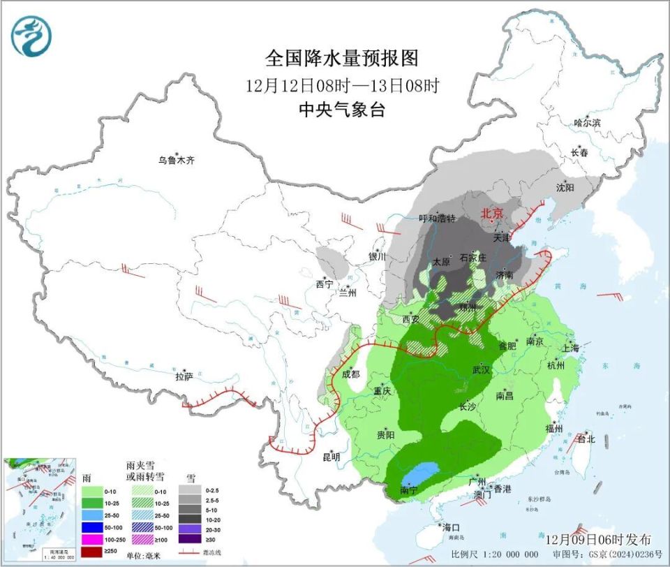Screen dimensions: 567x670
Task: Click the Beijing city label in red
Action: pyautogui.click(x=491, y=214)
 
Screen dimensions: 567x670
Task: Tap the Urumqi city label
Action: pyautogui.click(x=175, y=161)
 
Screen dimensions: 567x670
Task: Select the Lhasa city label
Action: pyautogui.click(x=184, y=377)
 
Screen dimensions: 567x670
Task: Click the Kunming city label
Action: pyautogui.click(x=331, y=457)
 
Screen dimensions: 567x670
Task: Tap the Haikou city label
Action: pyautogui.click(x=450, y=526)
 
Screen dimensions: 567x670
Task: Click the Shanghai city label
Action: pyautogui.click(x=569, y=348)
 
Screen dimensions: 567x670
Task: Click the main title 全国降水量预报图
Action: pyautogui.click(x=343, y=57)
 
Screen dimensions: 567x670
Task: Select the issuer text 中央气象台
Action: pyautogui.click(x=342, y=110)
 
